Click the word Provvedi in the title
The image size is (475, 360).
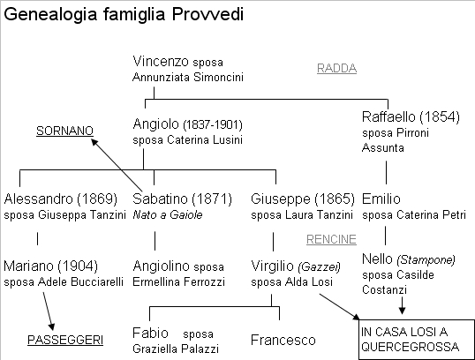207,14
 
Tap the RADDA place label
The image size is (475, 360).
336,68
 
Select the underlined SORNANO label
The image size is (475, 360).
64,131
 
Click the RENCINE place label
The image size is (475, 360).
331,239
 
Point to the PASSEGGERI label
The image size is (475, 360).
65,340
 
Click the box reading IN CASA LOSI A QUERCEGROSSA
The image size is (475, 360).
417,340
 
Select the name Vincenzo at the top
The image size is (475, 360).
161,62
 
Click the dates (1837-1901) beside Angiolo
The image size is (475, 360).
213,124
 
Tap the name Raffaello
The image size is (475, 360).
388,116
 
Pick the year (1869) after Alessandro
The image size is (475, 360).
97,199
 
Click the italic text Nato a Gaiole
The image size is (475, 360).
168,214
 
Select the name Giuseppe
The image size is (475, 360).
281,199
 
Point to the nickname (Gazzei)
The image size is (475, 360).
320,266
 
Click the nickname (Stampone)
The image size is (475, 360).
426,259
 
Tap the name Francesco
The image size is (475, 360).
283,340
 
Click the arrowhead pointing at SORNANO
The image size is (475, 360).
94,142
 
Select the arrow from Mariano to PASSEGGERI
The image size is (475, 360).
49,311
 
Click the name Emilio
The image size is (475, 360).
381,199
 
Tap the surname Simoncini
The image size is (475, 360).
218,78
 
